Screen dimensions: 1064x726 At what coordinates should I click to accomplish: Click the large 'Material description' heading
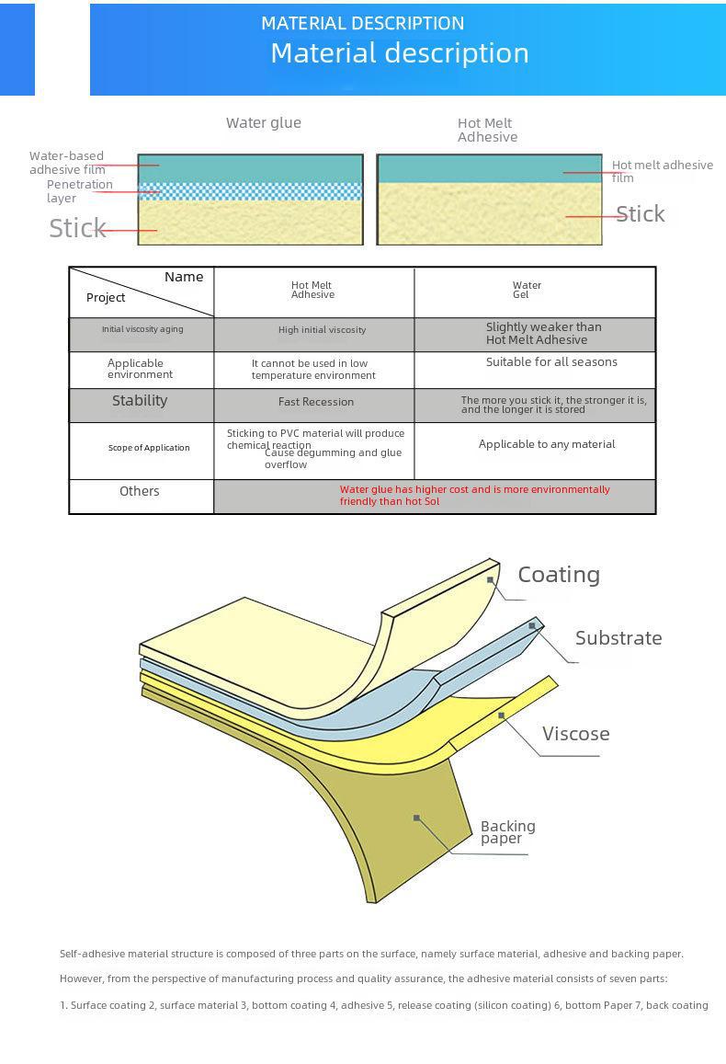399,53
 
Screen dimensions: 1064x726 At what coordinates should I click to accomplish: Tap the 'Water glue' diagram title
264,122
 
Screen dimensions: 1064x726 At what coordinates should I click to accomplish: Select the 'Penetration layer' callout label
79,191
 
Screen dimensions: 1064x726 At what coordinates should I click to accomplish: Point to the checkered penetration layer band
250,191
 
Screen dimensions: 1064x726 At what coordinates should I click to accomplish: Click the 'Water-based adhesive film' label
66,162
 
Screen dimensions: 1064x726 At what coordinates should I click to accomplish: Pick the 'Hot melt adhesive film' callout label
662,171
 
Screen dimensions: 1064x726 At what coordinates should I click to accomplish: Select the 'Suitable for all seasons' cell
551,361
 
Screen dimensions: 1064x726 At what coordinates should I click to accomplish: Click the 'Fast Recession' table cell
315,402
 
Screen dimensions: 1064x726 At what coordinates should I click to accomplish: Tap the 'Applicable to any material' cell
547,444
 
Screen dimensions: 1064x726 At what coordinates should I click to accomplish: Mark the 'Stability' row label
140,400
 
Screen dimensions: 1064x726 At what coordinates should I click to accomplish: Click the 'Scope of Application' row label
149,448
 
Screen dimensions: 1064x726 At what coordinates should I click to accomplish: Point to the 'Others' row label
140,491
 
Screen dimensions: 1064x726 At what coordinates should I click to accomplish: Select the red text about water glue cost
474,495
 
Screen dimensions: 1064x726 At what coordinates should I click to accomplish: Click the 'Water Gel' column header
527,291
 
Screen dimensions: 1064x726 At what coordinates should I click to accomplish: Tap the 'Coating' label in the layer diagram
559,575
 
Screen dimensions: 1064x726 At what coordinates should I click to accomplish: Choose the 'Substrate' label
618,638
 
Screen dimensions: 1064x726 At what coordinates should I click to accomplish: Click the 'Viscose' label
575,734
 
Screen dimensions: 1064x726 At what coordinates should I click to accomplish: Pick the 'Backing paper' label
507,832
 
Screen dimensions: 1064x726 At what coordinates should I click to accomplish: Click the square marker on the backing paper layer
416,818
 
